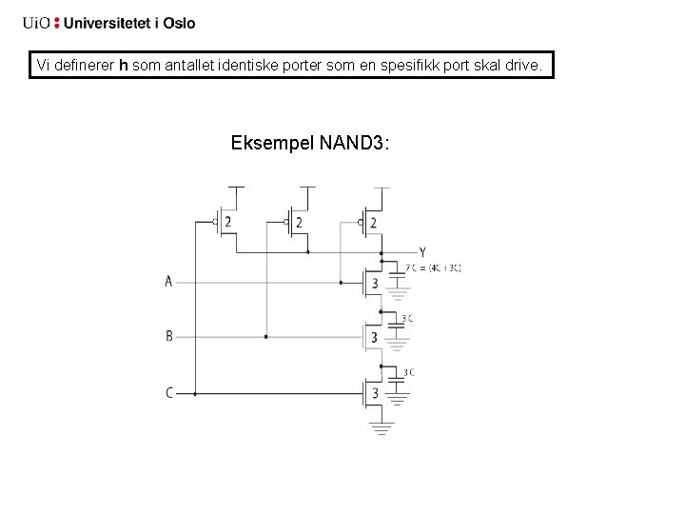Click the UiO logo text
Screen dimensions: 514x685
(37, 23)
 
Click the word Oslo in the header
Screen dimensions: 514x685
(179, 23)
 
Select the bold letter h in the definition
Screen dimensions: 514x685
(123, 66)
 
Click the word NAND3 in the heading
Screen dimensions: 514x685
(355, 143)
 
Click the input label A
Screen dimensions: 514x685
(168, 282)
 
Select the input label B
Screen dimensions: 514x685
(168, 336)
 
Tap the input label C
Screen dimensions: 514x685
(169, 392)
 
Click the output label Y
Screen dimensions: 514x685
(422, 252)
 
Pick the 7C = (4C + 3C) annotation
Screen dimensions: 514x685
(433, 268)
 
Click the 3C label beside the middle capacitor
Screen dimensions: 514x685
(407, 318)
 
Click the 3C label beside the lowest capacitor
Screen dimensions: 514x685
(408, 372)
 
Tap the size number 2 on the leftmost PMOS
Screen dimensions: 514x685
(228, 222)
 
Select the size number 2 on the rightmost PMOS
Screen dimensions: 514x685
(373, 222)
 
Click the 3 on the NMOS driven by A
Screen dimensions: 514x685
(374, 283)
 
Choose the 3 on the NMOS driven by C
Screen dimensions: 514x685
(374, 392)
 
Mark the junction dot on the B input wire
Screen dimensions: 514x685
(265, 336)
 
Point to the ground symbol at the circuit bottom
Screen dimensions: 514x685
(382, 430)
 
